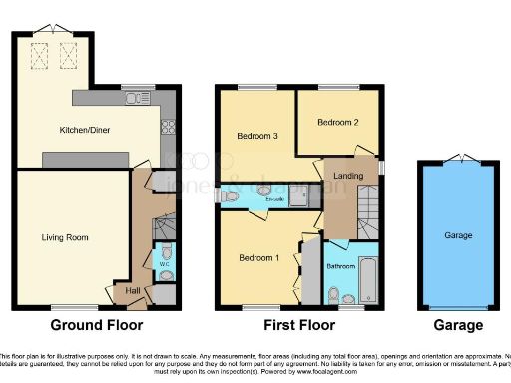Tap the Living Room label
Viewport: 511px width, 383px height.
point(65,237)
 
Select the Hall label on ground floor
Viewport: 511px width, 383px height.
point(133,290)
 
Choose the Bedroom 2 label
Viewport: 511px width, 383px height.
point(336,123)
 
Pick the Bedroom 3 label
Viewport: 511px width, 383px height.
point(256,136)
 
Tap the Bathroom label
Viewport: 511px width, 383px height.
point(341,266)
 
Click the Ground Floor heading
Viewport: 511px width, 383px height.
point(96,325)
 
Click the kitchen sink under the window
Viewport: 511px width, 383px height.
point(133,97)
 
